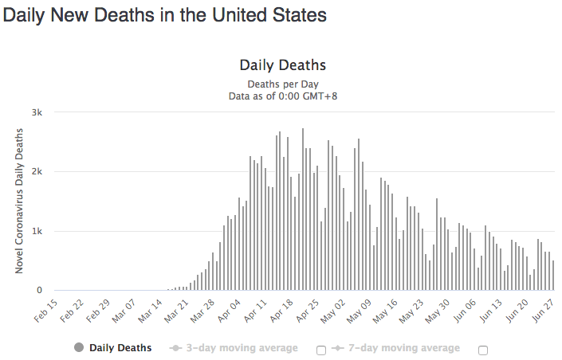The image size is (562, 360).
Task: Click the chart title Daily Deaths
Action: click(282, 65)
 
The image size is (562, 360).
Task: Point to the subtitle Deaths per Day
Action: click(282, 84)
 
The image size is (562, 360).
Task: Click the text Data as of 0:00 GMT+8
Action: click(282, 96)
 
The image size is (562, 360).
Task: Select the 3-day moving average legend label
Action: click(239, 348)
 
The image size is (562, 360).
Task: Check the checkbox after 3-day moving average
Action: click(321, 350)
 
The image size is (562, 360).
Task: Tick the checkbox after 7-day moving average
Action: click(483, 350)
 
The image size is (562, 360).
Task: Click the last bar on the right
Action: click(552, 276)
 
